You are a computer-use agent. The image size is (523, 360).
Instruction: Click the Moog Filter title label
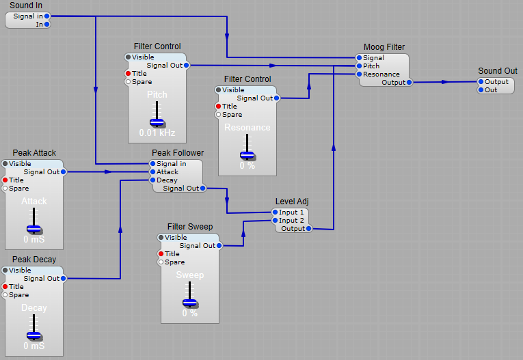(384, 47)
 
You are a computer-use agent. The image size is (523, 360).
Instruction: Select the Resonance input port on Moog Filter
(358, 74)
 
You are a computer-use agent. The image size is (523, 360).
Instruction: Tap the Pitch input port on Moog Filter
(358, 66)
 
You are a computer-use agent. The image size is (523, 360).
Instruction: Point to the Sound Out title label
(497, 71)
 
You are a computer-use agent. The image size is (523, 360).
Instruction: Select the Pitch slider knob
(158, 122)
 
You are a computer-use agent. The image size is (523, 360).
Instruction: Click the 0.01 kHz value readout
(158, 132)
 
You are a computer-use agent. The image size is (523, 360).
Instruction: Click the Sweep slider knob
(190, 302)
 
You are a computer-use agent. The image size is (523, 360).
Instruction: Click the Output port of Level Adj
(309, 229)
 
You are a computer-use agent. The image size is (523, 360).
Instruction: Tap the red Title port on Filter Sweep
(161, 254)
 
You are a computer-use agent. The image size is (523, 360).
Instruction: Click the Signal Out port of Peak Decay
(64, 279)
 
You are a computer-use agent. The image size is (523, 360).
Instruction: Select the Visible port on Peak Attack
(5, 164)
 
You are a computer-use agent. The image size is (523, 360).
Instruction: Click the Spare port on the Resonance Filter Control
(218, 115)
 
